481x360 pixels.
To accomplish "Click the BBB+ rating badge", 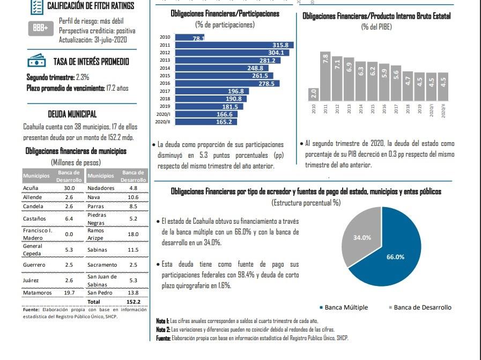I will (x=41, y=27).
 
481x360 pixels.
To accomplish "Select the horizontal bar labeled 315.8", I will (x=233, y=45).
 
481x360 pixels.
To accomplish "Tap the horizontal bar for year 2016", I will (x=226, y=84).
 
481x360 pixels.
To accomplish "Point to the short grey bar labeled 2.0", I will (x=314, y=94).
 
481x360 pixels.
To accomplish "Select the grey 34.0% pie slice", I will (x=360, y=236).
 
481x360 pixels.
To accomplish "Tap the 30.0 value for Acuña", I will (x=69, y=188).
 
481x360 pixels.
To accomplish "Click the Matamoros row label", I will (x=38, y=293).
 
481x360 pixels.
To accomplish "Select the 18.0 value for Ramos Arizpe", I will (x=134, y=234).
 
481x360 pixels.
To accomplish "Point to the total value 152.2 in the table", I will (x=134, y=302).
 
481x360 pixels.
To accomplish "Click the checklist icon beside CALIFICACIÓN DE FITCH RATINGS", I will (x=36, y=6).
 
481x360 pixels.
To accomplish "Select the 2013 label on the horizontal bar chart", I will (x=165, y=61).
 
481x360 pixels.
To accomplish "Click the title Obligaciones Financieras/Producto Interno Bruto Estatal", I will (x=376, y=16).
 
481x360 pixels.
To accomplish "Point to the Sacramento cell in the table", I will (x=102, y=265).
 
